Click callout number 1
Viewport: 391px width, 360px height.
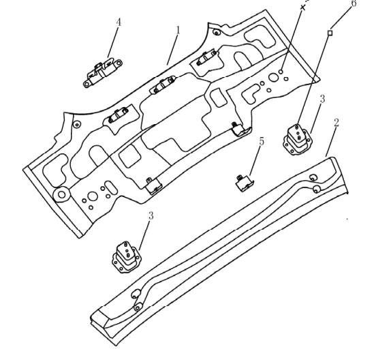pyautogui.click(x=178, y=31)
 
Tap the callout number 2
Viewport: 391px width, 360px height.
pyautogui.click(x=337, y=123)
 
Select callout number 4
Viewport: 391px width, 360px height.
pyautogui.click(x=119, y=22)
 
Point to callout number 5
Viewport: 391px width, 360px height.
pyautogui.click(x=262, y=141)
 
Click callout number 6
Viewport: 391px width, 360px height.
pyautogui.click(x=354, y=3)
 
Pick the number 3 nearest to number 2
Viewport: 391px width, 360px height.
pyautogui.click(x=322, y=99)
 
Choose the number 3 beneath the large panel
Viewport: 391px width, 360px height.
pyautogui.click(x=151, y=215)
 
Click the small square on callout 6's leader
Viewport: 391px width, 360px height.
pyautogui.click(x=330, y=33)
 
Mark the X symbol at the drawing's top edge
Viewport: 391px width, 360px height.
pyautogui.click(x=303, y=7)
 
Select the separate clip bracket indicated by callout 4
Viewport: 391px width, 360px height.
pyautogui.click(x=102, y=72)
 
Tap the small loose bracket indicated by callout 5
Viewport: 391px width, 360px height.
pyautogui.click(x=244, y=183)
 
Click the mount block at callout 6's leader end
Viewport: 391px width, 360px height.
pyautogui.click(x=297, y=139)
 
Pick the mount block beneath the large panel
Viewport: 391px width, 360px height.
pyautogui.click(x=127, y=257)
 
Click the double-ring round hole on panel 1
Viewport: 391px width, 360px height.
pyautogui.click(x=62, y=194)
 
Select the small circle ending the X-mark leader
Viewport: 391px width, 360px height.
pyautogui.click(x=281, y=72)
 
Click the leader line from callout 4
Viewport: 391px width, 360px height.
pyautogui.click(x=112, y=43)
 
